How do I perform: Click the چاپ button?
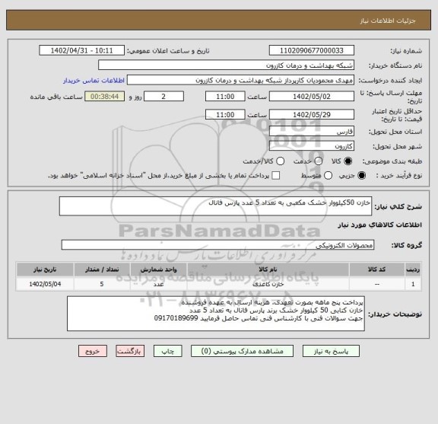[x=170, y=352]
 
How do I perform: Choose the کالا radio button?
[x=349, y=161]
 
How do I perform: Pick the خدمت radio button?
[x=311, y=161]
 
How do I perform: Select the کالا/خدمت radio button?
[x=280, y=161]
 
